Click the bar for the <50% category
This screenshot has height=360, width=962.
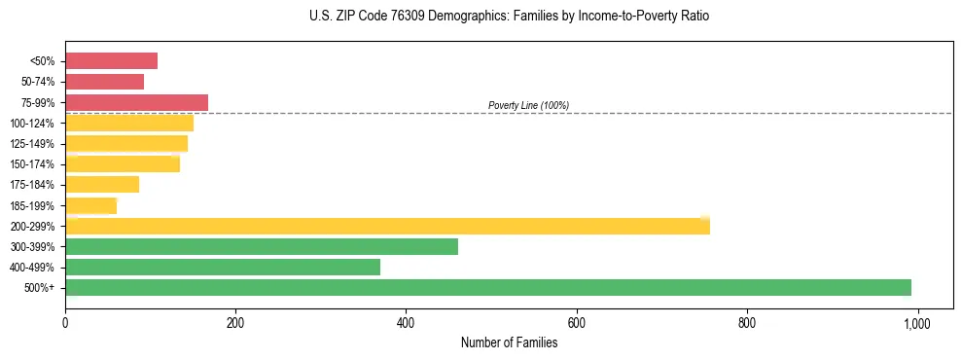pyautogui.click(x=111, y=61)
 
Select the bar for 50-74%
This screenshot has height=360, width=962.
pyautogui.click(x=104, y=82)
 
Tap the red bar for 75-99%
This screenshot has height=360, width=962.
pyautogui.click(x=136, y=102)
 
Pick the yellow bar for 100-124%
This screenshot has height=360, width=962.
pyautogui.click(x=129, y=123)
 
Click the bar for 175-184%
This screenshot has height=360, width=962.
pyautogui.click(x=102, y=185)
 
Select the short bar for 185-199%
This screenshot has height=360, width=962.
pyautogui.click(x=90, y=205)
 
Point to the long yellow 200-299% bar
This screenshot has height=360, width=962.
pyautogui.click(x=387, y=226)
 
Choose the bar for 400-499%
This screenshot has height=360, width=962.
pyautogui.click(x=222, y=267)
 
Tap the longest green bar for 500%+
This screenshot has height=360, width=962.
pyautogui.click(x=487, y=287)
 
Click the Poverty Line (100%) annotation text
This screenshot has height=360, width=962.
pyautogui.click(x=528, y=105)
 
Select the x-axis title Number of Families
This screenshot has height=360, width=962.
pyautogui.click(x=509, y=342)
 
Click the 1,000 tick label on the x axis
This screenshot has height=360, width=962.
pyautogui.click(x=917, y=323)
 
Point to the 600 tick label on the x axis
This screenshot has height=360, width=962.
pyautogui.click(x=577, y=323)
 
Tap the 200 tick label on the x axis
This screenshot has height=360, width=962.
pyautogui.click(x=235, y=323)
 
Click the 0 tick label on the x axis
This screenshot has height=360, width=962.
pyautogui.click(x=65, y=323)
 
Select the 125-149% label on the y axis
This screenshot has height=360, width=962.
pyautogui.click(x=32, y=144)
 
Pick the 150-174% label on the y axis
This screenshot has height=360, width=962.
pyautogui.click(x=32, y=164)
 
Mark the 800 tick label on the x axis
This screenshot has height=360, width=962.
pyautogui.click(x=747, y=323)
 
